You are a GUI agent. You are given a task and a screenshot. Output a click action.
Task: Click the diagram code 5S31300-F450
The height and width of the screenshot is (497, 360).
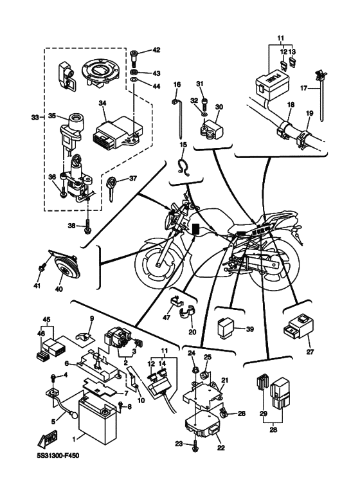click(x=57, y=455)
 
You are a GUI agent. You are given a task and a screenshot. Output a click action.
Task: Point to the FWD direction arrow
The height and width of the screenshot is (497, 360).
click(x=48, y=438)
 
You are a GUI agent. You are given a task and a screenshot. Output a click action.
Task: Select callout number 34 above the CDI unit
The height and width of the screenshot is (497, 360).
click(x=102, y=104)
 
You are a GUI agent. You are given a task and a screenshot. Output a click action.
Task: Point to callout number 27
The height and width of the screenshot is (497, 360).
click(x=310, y=352)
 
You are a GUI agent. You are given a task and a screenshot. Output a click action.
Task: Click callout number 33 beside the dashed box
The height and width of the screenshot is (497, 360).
click(x=35, y=117)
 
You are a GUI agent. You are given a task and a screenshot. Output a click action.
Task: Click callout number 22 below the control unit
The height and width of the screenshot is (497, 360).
click(x=221, y=448)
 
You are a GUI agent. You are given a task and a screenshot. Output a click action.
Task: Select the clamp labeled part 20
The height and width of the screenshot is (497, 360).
click(x=188, y=312)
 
